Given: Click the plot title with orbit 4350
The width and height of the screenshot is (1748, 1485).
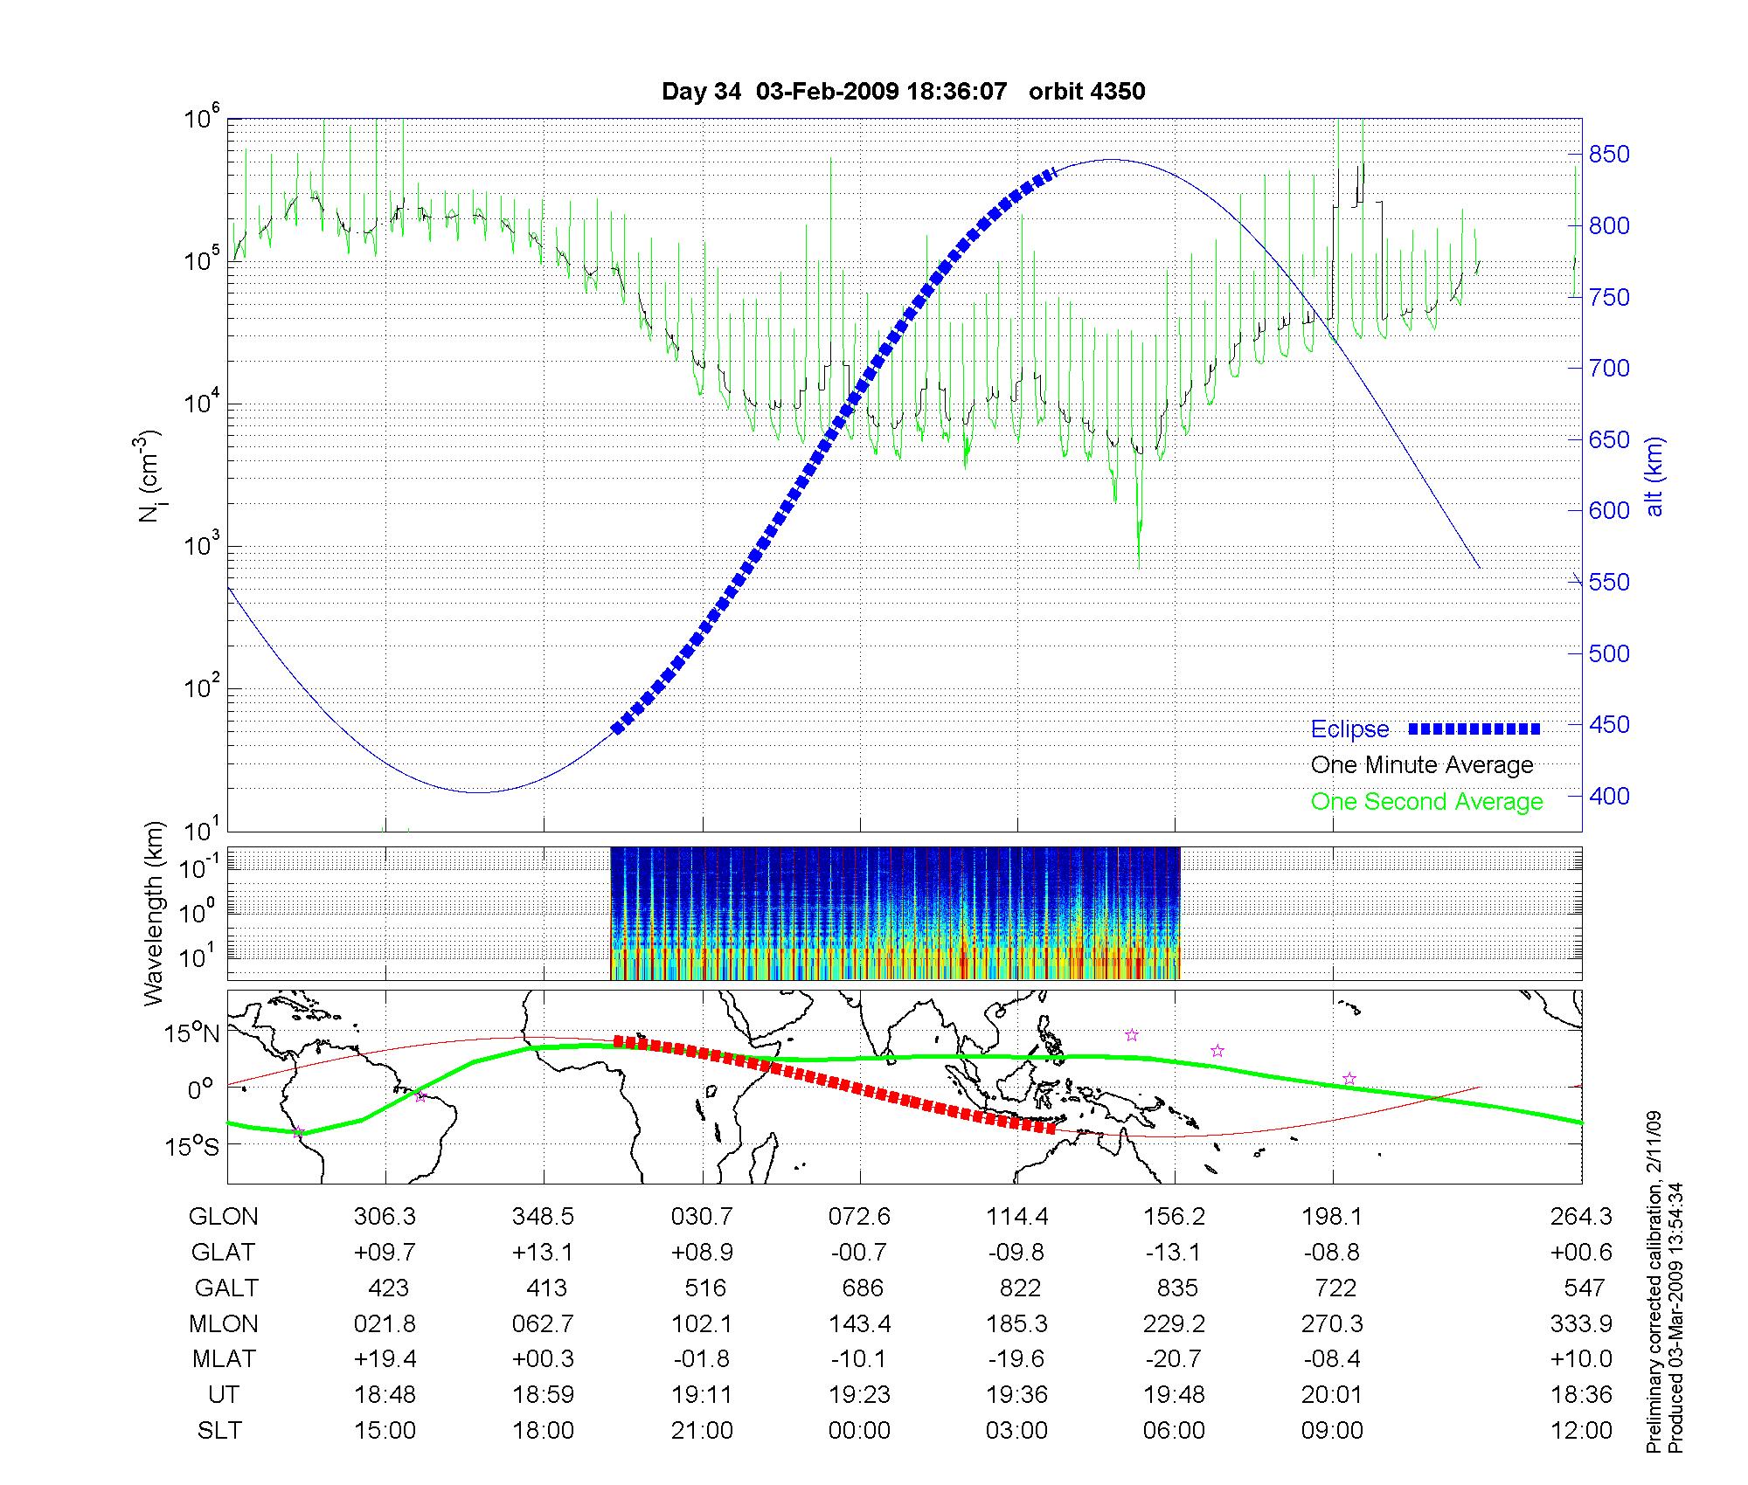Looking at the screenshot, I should point(903,92).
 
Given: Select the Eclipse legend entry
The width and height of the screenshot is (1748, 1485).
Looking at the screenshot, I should point(1349,729).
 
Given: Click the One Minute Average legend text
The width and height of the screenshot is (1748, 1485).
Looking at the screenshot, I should point(1422,765).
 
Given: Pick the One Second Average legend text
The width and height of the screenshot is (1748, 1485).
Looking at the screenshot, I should point(1426,802).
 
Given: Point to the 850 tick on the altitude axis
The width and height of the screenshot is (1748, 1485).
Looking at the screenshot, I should point(1609,155).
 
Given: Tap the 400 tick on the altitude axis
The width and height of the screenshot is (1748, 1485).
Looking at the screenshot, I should point(1609,796).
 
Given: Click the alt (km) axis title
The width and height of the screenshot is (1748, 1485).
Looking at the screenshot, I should point(1654,476).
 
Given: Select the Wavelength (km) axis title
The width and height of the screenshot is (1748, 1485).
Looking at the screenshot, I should point(155,914).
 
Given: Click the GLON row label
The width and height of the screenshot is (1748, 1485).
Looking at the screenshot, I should point(224,1217).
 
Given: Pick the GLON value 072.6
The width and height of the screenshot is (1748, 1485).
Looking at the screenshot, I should point(860,1217).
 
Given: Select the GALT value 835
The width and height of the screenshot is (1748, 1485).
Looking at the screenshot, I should point(1176,1288).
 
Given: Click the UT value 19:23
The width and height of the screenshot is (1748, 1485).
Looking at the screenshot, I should point(860,1394).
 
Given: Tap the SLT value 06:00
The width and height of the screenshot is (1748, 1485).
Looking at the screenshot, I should point(1174,1431).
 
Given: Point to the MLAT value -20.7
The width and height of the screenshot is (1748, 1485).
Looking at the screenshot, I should point(1172,1359).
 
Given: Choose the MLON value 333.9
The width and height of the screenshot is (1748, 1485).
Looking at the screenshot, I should point(1581,1323).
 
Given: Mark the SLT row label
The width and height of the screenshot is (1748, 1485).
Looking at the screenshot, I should point(219,1431).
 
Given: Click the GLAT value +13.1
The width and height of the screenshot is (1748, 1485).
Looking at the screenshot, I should point(543,1253).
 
